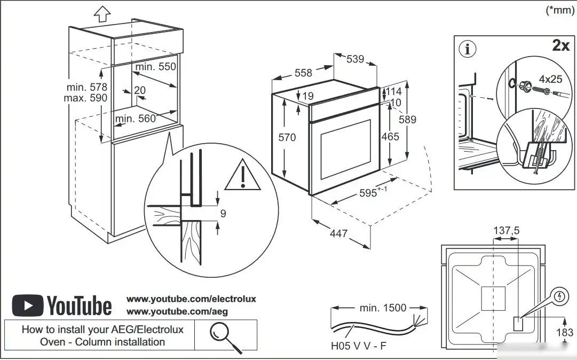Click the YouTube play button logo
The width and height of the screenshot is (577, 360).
(26, 306)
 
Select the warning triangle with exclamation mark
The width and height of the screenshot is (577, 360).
(242, 176)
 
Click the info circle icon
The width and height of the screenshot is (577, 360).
(468, 49)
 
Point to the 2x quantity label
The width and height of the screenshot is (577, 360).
(560, 46)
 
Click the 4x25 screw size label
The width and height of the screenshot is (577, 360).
(550, 79)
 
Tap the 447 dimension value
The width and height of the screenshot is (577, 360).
(338, 233)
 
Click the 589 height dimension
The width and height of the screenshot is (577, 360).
(407, 119)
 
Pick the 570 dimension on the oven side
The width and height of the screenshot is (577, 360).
(287, 137)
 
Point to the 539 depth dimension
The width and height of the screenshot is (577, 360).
(355, 59)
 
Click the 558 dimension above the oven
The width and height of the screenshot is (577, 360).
(303, 73)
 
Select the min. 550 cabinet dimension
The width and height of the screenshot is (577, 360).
(155, 67)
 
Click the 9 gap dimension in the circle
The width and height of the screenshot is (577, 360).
(223, 214)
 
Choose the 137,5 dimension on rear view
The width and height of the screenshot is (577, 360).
(506, 230)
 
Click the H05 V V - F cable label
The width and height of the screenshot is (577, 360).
(359, 346)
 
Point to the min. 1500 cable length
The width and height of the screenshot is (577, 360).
(382, 308)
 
